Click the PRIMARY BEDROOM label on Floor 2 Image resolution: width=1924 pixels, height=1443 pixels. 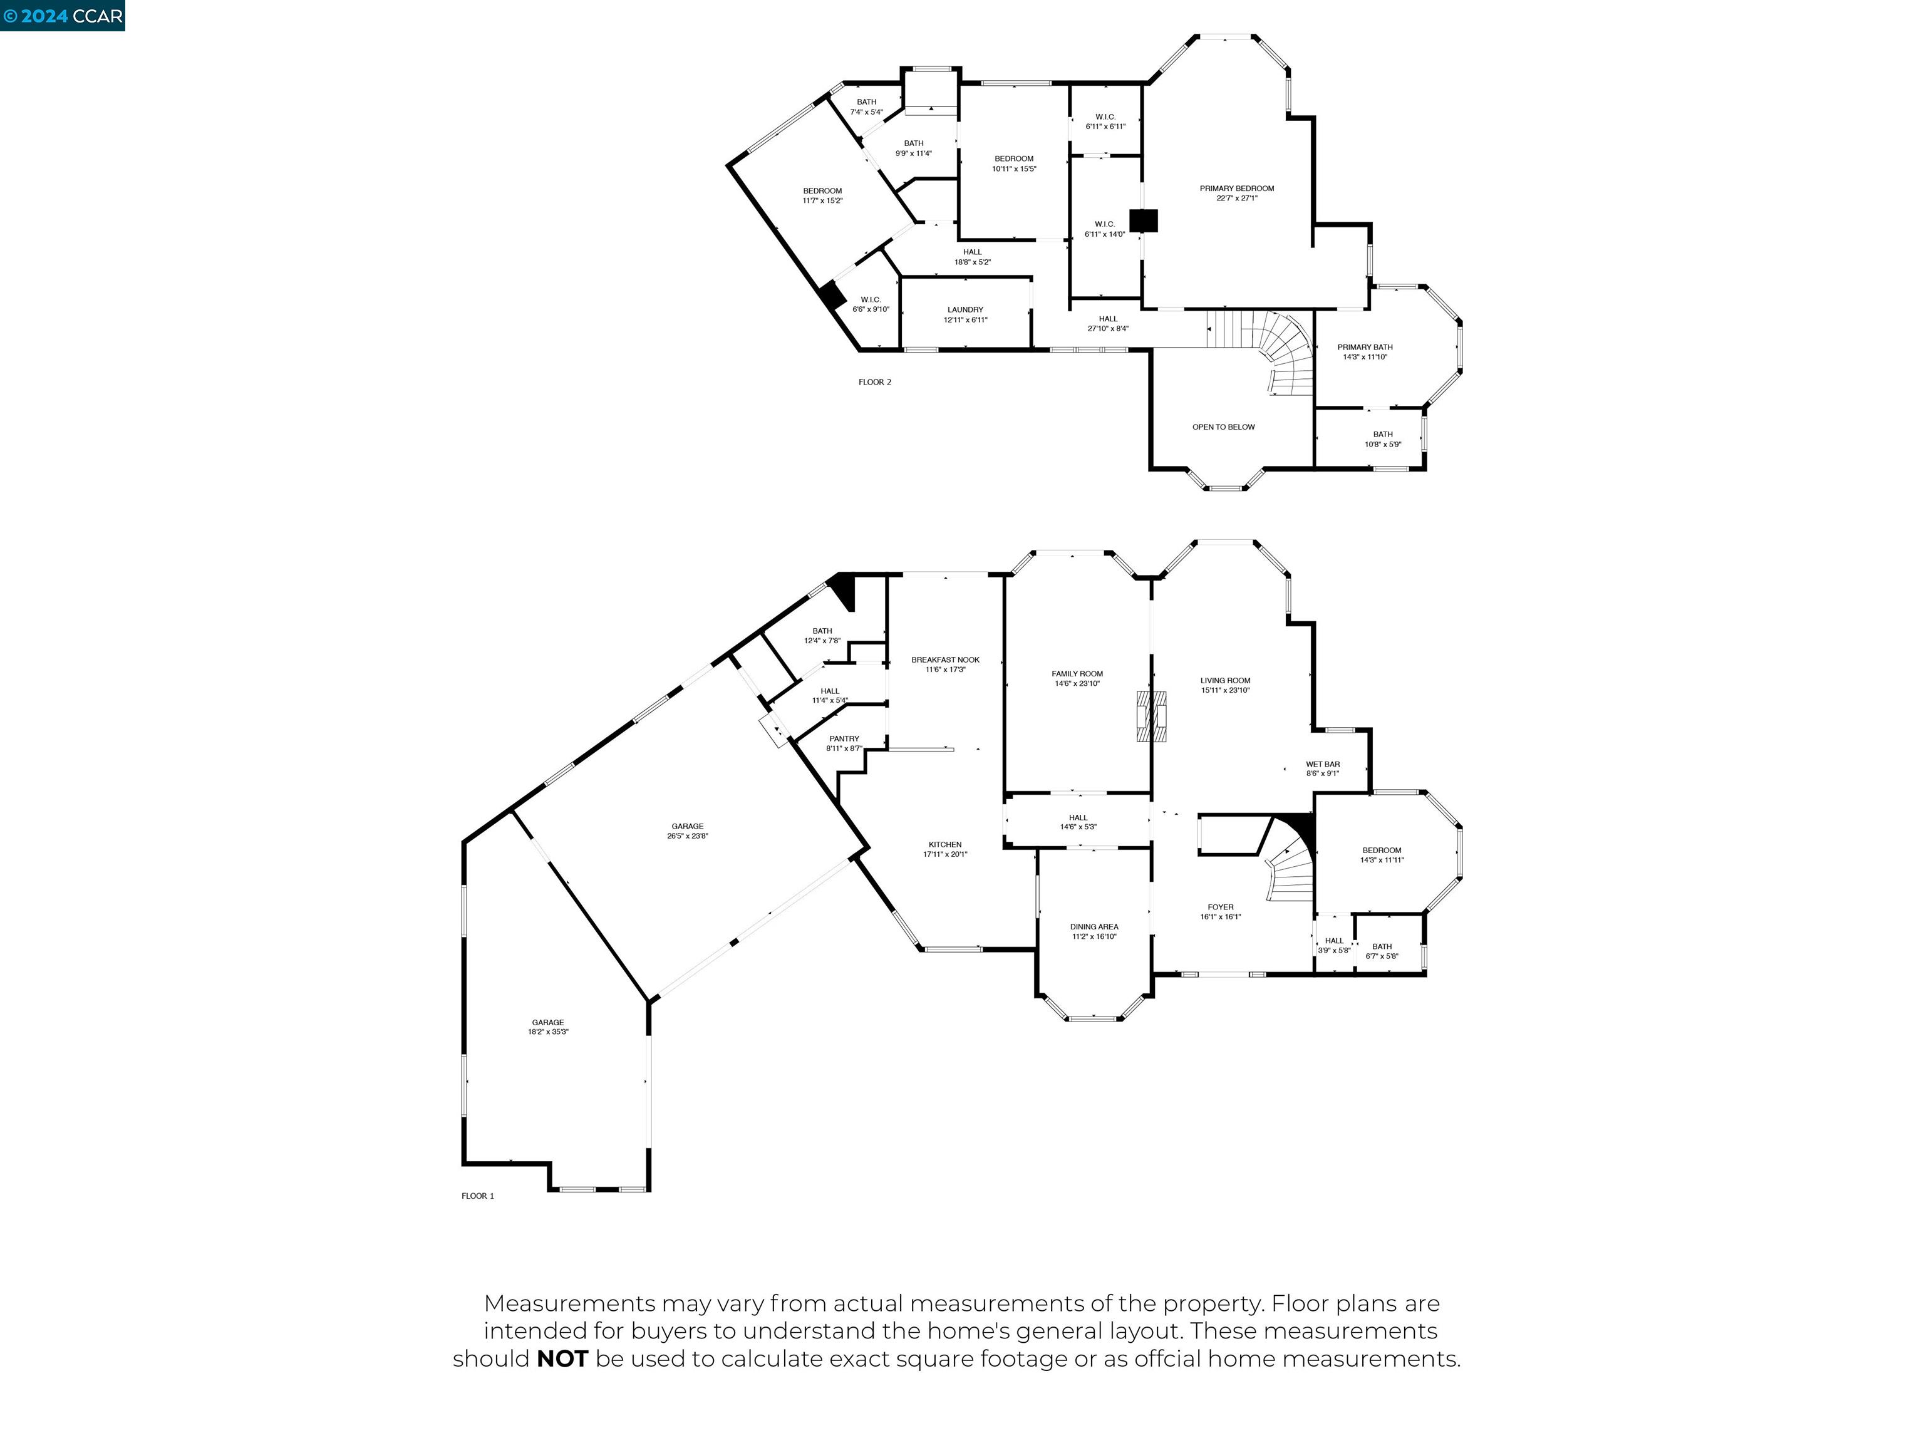(x=1236, y=189)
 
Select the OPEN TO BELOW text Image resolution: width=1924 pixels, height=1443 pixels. (x=1223, y=427)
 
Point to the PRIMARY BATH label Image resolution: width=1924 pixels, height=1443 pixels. (x=1364, y=347)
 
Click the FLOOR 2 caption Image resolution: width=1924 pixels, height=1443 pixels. (x=874, y=382)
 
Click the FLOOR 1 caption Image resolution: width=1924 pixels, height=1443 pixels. (x=477, y=1196)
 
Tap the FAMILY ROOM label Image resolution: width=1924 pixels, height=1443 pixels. (x=1077, y=674)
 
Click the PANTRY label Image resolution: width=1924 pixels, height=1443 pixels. (x=844, y=738)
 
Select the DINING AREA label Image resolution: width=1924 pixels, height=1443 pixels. (x=1094, y=927)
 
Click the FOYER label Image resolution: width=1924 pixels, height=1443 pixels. (x=1219, y=908)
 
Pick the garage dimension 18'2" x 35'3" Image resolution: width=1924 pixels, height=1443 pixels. (x=548, y=1032)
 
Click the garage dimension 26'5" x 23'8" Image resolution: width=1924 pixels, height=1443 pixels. (x=687, y=836)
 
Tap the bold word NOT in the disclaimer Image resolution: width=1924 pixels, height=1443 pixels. (x=562, y=1358)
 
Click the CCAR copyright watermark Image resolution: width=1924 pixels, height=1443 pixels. (x=63, y=16)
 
